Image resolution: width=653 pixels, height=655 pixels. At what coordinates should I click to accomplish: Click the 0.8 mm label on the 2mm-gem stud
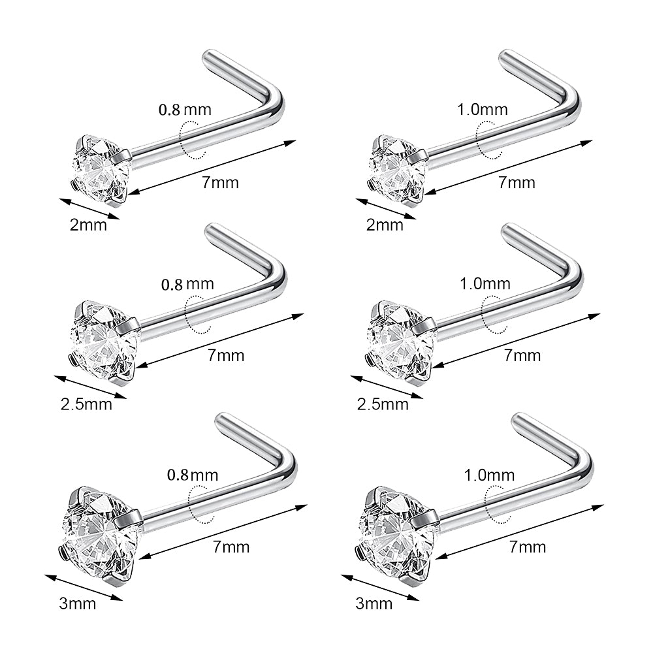185,110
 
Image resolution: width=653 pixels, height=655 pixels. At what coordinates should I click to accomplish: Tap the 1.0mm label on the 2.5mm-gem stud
485,284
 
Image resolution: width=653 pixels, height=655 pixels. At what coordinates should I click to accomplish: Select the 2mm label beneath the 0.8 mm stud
88,225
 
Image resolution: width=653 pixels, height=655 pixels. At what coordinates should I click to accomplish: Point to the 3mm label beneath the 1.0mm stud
374,603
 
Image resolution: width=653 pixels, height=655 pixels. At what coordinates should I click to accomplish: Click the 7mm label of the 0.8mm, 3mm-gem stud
231,547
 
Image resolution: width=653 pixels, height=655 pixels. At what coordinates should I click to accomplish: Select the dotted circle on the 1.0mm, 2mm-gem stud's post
489,140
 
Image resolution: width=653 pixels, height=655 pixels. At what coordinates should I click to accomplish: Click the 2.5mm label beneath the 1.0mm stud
383,404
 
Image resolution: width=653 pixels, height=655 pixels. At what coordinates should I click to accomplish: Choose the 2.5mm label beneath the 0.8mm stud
86,404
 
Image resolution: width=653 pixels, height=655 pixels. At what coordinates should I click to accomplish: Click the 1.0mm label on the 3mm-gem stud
489,475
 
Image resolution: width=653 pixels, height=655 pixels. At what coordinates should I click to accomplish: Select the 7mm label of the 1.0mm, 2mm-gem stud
517,183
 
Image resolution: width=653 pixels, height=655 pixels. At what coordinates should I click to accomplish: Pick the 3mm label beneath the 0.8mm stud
78,603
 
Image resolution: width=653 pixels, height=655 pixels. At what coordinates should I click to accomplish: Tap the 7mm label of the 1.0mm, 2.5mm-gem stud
522,356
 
